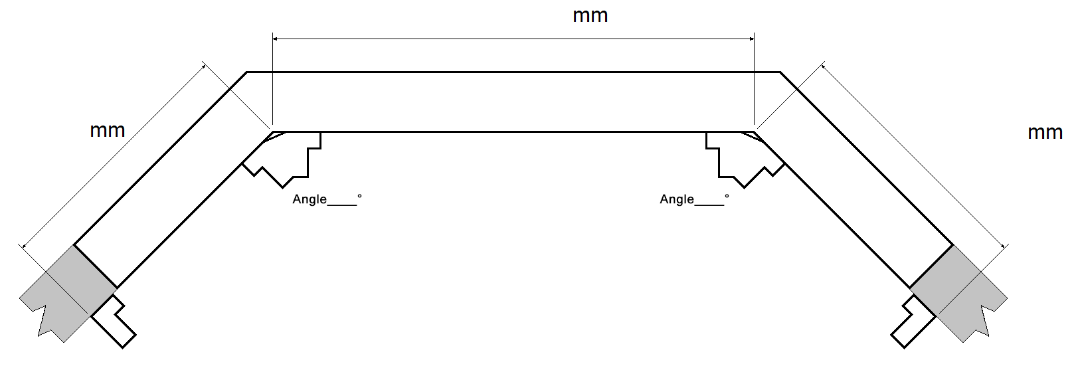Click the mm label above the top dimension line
[590, 16]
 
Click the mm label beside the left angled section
[108, 130]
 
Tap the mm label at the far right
[1045, 133]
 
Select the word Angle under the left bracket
[310, 199]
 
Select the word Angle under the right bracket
[677, 199]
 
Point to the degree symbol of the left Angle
[359, 197]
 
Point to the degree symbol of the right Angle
[727, 197]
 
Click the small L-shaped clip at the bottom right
[911, 322]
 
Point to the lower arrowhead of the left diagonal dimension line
[24, 246]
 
